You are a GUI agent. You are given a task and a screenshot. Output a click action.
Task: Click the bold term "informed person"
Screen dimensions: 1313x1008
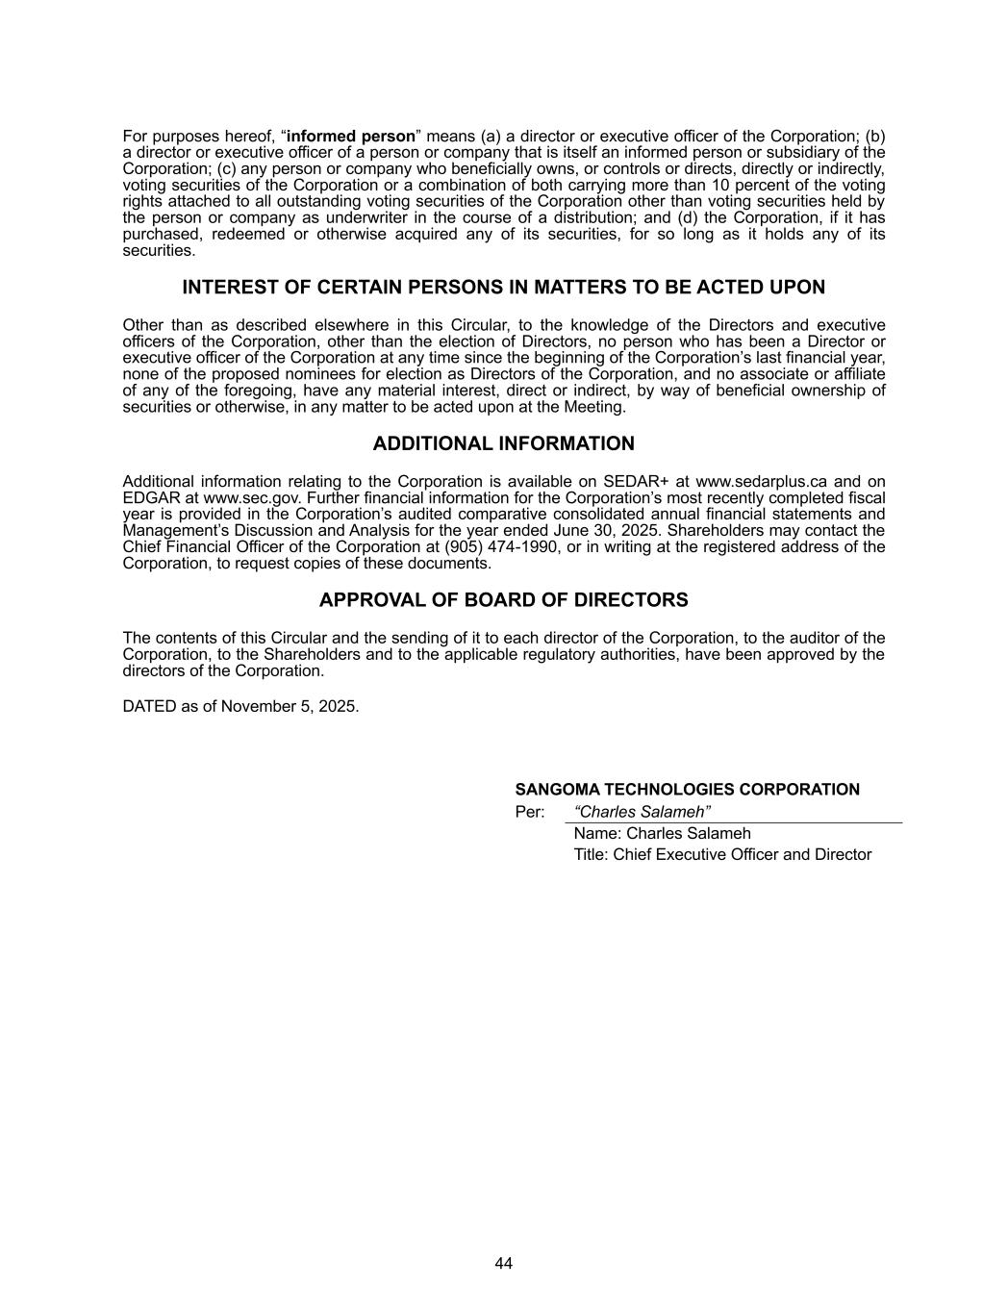(x=350, y=136)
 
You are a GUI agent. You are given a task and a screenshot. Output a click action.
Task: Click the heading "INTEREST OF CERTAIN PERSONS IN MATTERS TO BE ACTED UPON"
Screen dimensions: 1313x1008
(x=503, y=288)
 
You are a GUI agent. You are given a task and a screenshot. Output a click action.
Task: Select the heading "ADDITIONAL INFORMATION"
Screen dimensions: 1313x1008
(x=503, y=443)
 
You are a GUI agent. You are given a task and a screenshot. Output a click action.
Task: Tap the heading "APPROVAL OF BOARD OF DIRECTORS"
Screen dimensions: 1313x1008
(x=503, y=600)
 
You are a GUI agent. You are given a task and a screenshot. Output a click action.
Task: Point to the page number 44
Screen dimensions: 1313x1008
(x=504, y=1263)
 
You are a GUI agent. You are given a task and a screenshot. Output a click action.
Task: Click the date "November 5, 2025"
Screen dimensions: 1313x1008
(x=290, y=706)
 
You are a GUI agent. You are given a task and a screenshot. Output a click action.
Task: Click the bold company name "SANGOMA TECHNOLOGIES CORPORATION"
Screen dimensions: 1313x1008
(x=687, y=790)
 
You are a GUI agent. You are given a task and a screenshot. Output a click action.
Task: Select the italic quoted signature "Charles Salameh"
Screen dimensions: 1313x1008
(x=642, y=812)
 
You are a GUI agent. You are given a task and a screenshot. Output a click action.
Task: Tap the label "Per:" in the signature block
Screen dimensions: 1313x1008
(x=530, y=812)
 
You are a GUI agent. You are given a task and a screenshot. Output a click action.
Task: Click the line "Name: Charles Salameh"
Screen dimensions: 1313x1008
(x=662, y=833)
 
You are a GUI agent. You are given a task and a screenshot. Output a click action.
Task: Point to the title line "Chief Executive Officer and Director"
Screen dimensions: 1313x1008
(x=742, y=854)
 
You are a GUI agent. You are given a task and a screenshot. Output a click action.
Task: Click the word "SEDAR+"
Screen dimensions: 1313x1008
(x=631, y=482)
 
